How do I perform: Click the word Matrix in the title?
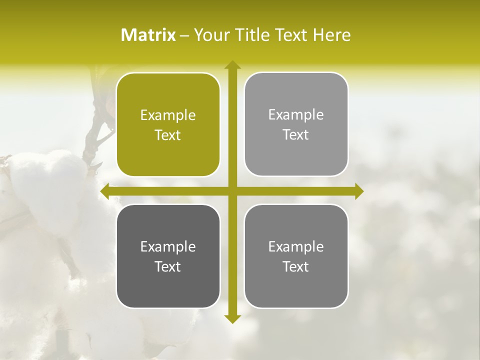(148, 35)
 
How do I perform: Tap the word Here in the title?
(331, 35)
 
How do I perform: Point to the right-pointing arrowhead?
(359, 191)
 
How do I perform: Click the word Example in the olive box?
(168, 115)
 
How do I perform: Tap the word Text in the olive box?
(168, 135)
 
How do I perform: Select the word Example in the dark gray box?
(168, 247)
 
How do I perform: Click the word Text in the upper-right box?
(296, 135)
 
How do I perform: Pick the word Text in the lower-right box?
(296, 267)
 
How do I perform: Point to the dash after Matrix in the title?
(184, 35)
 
